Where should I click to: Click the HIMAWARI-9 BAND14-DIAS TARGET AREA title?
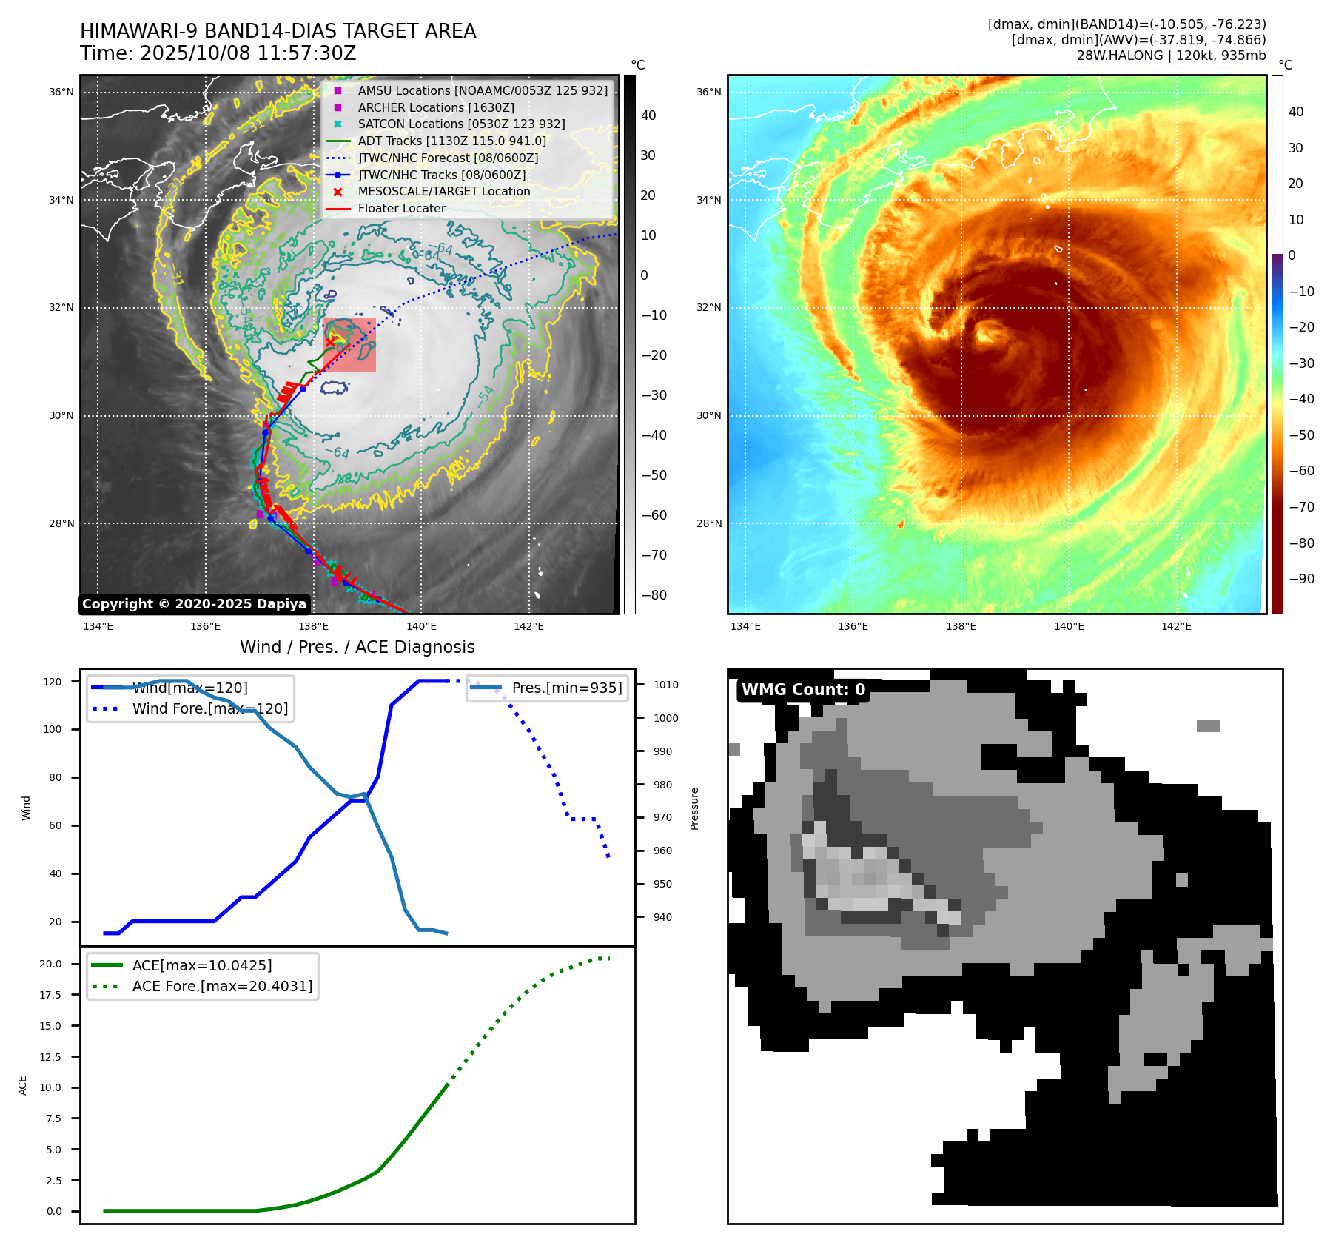tap(278, 31)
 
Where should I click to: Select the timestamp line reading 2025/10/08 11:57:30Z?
tap(218, 54)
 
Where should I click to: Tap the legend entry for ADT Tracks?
tap(451, 141)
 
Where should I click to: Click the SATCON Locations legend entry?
tap(461, 124)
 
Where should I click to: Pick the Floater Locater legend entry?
tap(401, 208)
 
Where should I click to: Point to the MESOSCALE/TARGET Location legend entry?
tap(444, 191)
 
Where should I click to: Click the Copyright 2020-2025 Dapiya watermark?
tap(194, 604)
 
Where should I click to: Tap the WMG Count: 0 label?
tap(803, 690)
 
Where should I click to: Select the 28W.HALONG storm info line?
tap(1171, 56)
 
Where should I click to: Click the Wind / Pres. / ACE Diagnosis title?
tap(357, 647)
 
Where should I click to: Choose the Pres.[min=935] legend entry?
tap(566, 688)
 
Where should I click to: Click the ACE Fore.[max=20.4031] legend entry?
tap(222, 986)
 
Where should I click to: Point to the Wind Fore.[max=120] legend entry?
tap(209, 708)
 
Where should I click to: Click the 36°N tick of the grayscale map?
tap(61, 93)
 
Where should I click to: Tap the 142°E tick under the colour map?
tap(1176, 626)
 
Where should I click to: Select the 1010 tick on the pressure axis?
tap(665, 685)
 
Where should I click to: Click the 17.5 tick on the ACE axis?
tap(50, 995)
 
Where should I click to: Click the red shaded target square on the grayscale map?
tap(349, 345)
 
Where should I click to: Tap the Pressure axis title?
tap(694, 808)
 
